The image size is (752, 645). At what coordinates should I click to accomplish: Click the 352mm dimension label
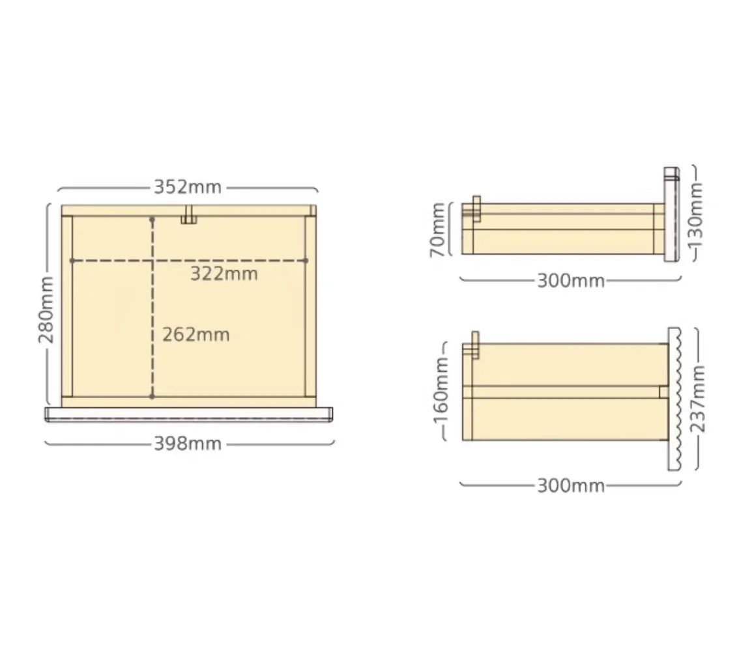pyautogui.click(x=188, y=186)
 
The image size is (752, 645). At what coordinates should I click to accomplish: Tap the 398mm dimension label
pyautogui.click(x=188, y=444)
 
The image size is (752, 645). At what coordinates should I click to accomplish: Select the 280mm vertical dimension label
pyautogui.click(x=46, y=310)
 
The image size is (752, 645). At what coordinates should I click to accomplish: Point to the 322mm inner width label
pyautogui.click(x=224, y=274)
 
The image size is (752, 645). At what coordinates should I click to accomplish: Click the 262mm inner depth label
pyautogui.click(x=195, y=334)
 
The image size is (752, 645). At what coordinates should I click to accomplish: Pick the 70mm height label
pyautogui.click(x=437, y=230)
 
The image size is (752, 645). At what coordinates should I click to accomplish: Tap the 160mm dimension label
pyautogui.click(x=441, y=392)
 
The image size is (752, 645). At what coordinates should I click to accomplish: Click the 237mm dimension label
pyautogui.click(x=698, y=399)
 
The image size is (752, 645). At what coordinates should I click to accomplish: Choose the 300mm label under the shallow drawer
pyautogui.click(x=571, y=281)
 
